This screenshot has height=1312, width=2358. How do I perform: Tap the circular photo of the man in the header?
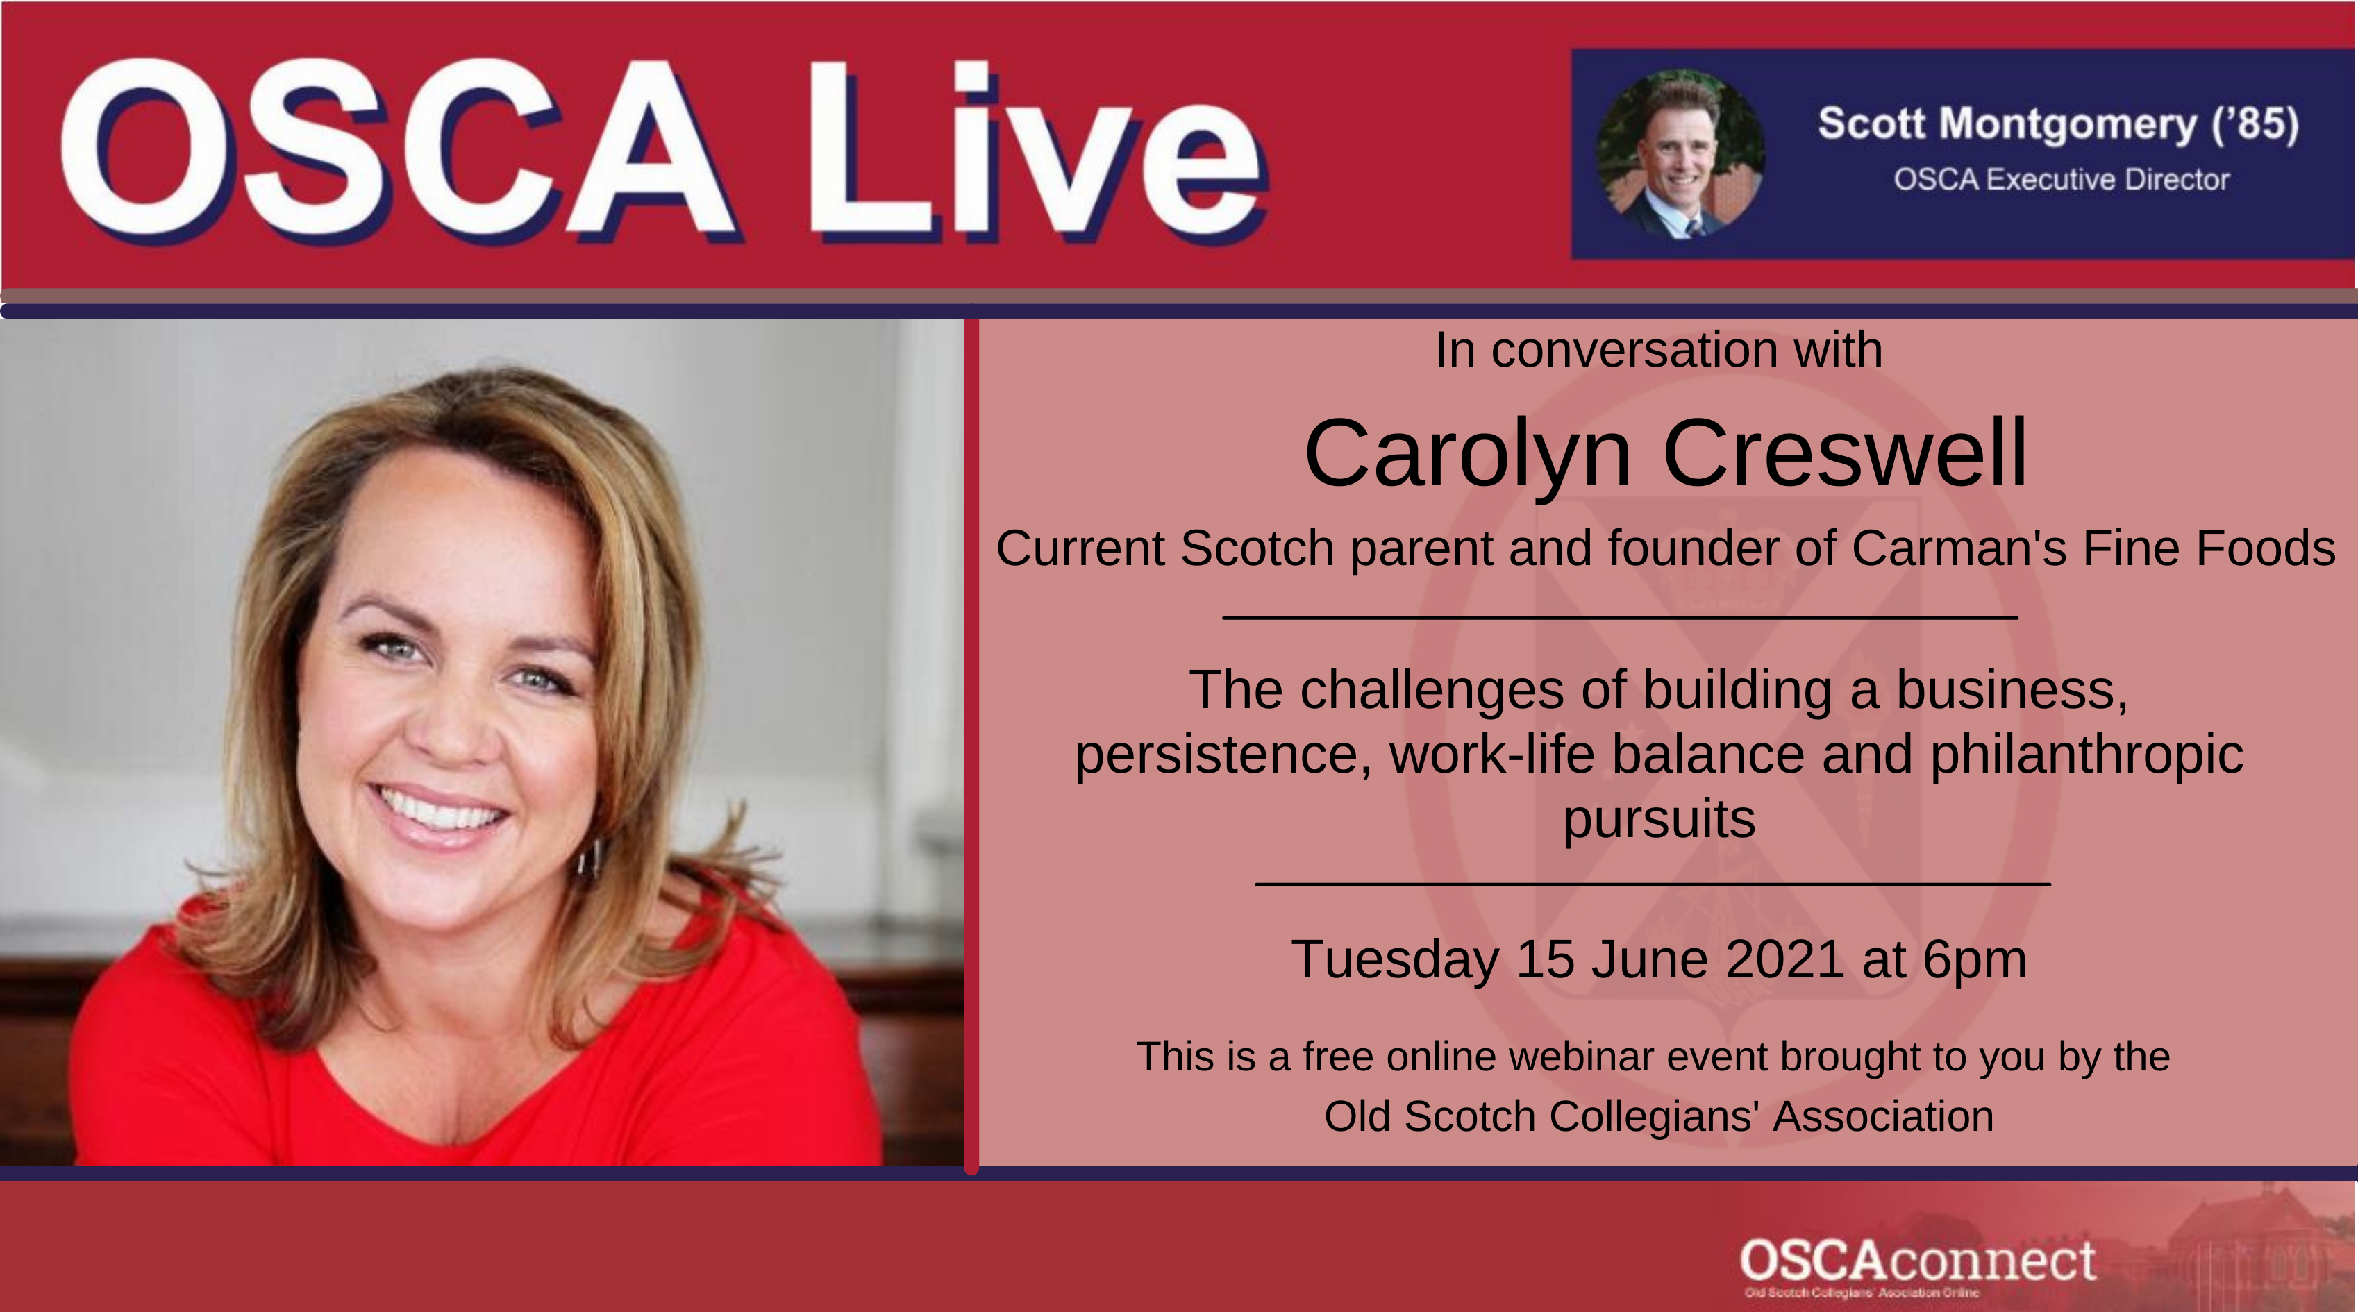click(x=1680, y=153)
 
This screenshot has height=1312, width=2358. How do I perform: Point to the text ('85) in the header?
click(x=2255, y=124)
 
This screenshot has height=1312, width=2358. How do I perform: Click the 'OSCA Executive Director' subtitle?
click(x=2062, y=179)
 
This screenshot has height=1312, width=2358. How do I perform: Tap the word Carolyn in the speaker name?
click(x=1467, y=455)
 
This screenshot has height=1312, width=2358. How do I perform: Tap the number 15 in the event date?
click(x=1545, y=959)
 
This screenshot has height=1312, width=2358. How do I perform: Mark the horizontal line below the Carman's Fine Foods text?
click(x=1620, y=619)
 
